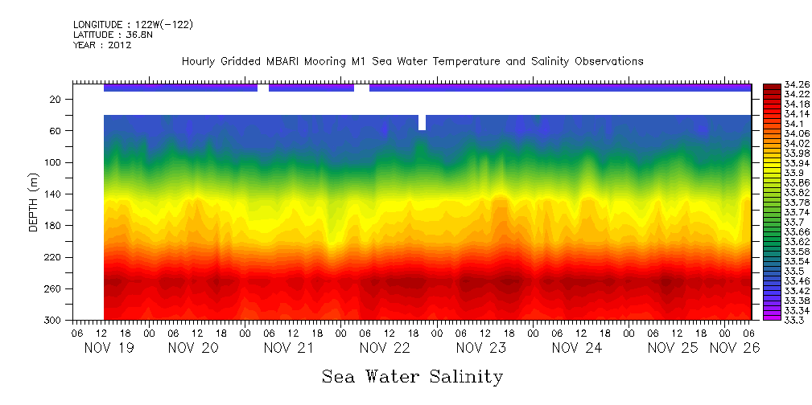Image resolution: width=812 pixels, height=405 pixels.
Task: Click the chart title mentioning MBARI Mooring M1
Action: [x=412, y=62]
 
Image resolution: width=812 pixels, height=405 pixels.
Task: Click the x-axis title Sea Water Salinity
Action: [x=412, y=376]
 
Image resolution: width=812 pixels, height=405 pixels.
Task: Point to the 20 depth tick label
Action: [x=56, y=100]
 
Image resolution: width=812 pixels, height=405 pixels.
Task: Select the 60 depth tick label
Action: [x=56, y=131]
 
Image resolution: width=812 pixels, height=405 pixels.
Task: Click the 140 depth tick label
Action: [x=54, y=194]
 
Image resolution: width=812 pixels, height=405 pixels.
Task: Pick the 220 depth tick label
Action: [x=54, y=257]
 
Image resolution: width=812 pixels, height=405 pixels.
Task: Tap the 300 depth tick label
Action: [x=54, y=320]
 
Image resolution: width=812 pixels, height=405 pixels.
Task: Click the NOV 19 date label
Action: [x=109, y=348]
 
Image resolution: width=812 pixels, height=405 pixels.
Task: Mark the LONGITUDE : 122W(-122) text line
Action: [x=133, y=25]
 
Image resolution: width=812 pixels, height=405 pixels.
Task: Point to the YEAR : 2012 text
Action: [x=102, y=46]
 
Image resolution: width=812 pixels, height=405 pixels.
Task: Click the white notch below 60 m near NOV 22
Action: [x=422, y=123]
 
